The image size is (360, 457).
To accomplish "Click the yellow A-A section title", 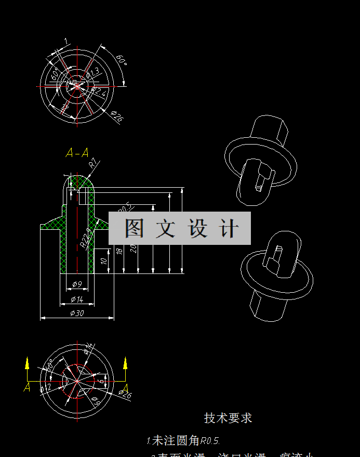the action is [77, 153].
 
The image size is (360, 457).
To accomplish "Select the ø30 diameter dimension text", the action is [77, 313].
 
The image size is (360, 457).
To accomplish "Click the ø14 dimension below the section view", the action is [77, 299].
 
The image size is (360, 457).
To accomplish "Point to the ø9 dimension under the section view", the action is [77, 284].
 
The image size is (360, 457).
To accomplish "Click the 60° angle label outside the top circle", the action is [121, 61].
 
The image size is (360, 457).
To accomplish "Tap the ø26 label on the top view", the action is [117, 117].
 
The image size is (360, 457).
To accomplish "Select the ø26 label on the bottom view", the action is [125, 396].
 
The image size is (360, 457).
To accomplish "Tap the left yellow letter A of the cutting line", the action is [27, 387].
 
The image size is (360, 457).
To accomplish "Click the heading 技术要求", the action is [228, 418].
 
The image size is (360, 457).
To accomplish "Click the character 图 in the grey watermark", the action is [134, 228].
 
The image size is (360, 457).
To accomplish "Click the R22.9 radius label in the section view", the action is [85, 237].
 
